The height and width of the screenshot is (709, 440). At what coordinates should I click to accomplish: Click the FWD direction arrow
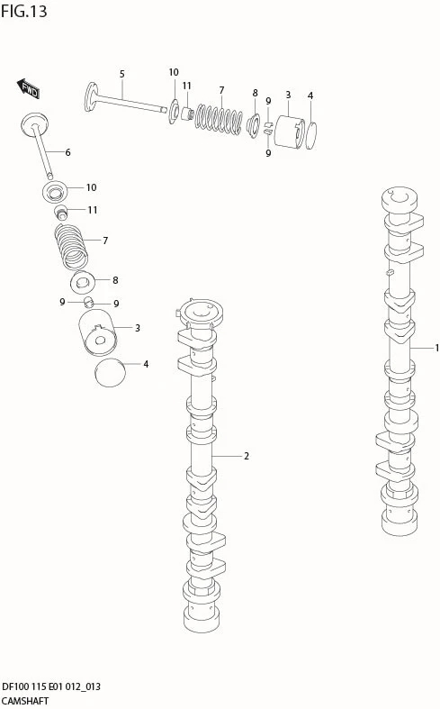(29, 88)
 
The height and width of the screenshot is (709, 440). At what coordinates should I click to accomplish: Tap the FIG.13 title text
(24, 11)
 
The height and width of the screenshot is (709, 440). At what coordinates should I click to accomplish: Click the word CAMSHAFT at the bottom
(25, 701)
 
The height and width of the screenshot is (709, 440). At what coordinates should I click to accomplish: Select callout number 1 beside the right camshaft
(436, 348)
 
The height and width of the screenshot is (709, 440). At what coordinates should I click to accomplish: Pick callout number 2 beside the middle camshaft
(247, 456)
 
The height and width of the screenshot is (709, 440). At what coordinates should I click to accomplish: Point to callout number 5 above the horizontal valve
(122, 74)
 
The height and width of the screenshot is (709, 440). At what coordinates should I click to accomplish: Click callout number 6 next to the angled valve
(67, 152)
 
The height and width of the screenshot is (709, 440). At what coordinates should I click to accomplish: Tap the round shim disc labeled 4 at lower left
(110, 373)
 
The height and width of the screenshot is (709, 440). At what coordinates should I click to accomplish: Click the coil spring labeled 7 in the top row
(219, 120)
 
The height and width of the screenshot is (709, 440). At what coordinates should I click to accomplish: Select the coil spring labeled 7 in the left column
(71, 247)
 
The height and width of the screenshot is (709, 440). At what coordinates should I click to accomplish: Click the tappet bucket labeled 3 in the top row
(290, 132)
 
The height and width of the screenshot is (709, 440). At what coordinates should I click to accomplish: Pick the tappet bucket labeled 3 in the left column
(98, 333)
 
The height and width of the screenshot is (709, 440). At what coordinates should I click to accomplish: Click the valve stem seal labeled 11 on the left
(60, 212)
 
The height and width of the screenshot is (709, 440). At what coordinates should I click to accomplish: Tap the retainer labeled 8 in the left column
(83, 282)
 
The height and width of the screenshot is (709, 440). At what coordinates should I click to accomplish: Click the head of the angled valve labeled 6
(34, 123)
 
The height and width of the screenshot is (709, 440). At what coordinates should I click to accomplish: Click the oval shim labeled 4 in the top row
(310, 135)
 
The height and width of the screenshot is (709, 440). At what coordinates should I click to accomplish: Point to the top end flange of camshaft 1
(400, 200)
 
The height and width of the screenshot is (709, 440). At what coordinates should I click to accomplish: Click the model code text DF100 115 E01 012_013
(51, 686)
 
